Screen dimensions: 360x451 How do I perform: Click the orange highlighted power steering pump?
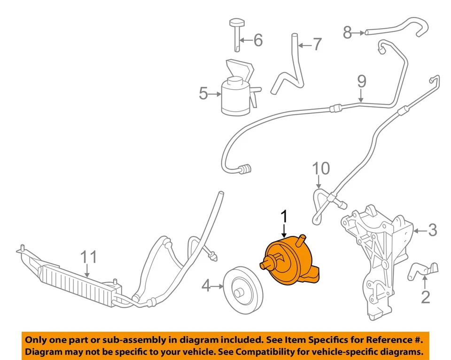(289, 263)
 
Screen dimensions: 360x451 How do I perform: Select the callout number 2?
(425, 297)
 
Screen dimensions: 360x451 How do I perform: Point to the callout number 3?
(432, 230)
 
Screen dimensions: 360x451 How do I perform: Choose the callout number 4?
(206, 285)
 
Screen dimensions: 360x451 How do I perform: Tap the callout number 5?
(203, 94)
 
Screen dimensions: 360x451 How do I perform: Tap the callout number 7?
(317, 45)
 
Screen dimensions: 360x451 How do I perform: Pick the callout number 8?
(347, 32)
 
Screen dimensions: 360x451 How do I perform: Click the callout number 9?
(361, 82)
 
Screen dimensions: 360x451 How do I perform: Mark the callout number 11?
(89, 258)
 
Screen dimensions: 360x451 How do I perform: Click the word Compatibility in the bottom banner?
(270, 351)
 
